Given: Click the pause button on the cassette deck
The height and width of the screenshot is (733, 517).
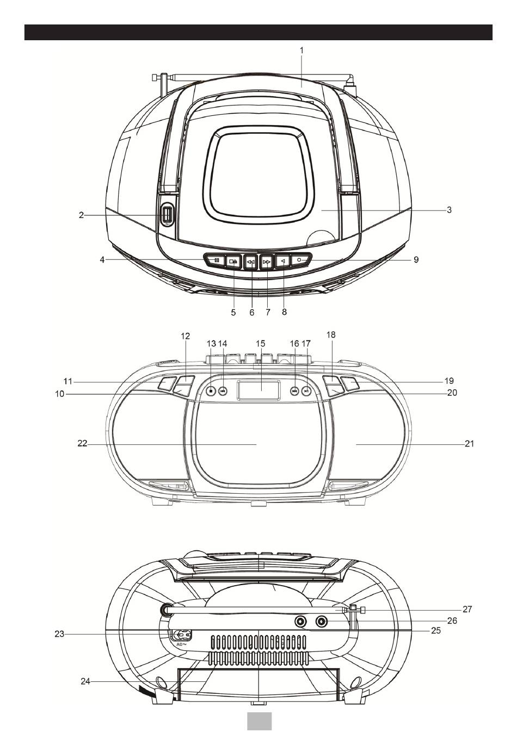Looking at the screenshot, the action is [x=216, y=260].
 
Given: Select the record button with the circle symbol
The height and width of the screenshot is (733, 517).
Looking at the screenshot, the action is [x=300, y=260].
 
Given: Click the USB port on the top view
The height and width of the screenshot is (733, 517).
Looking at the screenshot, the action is [x=167, y=214].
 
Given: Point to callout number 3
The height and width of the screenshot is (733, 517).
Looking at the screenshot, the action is [x=449, y=209].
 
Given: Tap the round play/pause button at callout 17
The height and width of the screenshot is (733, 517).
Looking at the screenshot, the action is [x=307, y=390].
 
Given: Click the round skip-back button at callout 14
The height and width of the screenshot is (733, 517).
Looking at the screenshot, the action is [x=223, y=390].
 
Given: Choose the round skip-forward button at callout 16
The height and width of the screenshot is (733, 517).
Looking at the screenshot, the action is [x=294, y=390].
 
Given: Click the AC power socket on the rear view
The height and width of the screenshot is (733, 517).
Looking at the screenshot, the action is [x=182, y=634].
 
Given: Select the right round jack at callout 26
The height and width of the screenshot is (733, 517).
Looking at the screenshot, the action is [x=322, y=622].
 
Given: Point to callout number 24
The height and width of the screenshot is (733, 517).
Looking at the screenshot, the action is [x=85, y=681].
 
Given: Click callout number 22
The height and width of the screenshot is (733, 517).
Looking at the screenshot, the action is [x=82, y=444].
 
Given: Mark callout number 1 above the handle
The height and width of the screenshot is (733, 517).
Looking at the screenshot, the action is [x=301, y=49].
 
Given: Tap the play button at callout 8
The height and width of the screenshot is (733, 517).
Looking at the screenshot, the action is [x=283, y=261].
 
